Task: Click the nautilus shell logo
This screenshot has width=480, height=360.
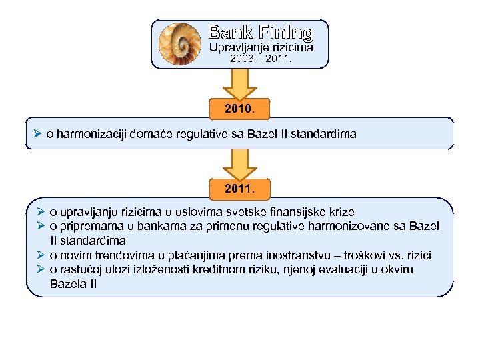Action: [x=179, y=43]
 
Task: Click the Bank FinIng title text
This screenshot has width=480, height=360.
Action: [x=260, y=32]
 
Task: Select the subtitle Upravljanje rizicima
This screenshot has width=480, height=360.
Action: [x=261, y=47]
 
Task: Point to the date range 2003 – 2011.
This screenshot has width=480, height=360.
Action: [x=261, y=59]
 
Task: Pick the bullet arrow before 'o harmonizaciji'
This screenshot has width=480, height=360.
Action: [x=40, y=134]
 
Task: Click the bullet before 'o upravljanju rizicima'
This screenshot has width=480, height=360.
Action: [x=40, y=212]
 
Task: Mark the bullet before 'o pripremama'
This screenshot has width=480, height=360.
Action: [x=40, y=226]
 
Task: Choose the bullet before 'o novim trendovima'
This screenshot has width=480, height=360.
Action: [x=40, y=255]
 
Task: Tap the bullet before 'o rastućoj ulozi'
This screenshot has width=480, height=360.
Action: [x=40, y=269]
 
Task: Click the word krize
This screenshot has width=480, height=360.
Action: [x=341, y=212]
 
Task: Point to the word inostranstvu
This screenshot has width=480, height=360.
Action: [x=305, y=255]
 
